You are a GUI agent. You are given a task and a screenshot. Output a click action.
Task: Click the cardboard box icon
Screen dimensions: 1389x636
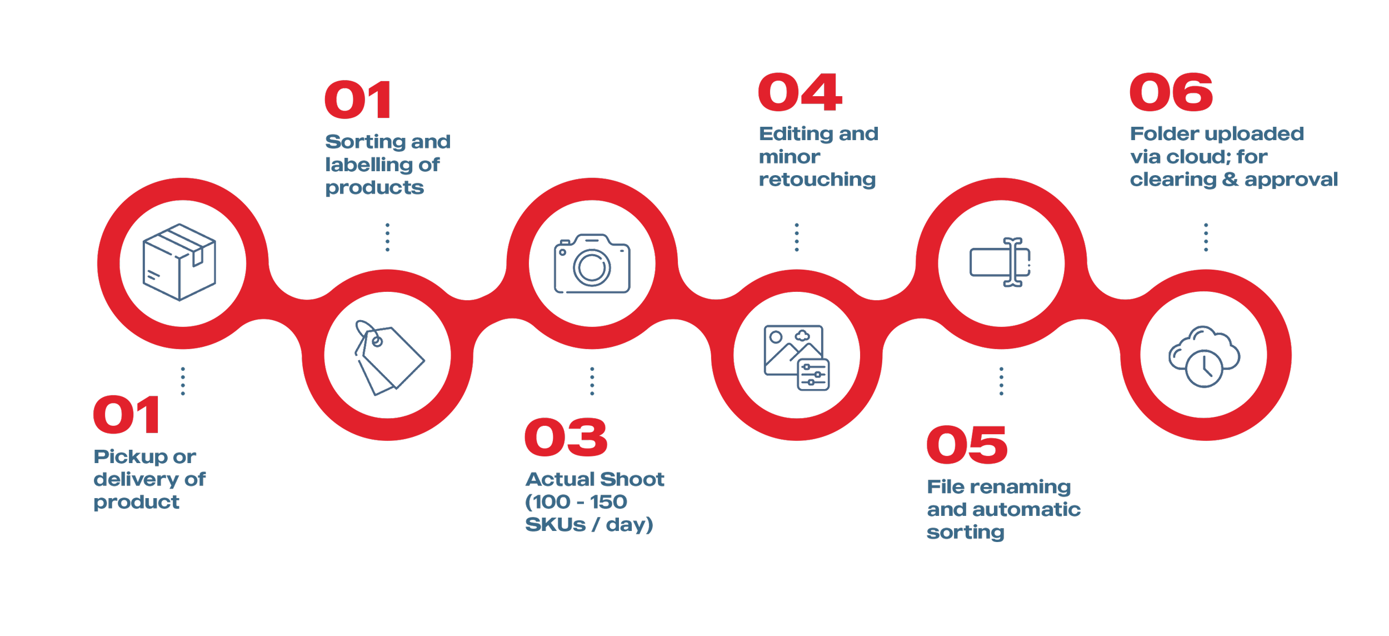[x=179, y=262]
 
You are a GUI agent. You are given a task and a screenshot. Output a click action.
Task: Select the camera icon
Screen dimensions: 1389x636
[x=592, y=264]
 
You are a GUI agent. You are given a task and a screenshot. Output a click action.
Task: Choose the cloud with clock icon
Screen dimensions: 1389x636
[x=1204, y=356]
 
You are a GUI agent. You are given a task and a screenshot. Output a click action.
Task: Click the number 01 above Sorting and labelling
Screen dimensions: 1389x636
[x=358, y=100]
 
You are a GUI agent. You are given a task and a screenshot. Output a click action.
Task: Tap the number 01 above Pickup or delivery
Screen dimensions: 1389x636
[x=127, y=415]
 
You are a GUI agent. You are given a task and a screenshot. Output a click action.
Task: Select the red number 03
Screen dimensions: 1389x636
[x=566, y=438]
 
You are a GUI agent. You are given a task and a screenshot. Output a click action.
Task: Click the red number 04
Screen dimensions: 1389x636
[x=800, y=93]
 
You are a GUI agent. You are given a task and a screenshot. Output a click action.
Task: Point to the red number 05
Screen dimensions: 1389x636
[x=967, y=445]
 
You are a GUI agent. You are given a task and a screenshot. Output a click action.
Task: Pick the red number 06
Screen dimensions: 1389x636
[x=1171, y=93]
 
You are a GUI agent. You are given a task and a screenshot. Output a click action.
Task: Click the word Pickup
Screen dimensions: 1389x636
[x=131, y=458]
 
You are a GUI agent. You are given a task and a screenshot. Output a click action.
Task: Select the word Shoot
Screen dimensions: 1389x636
[x=632, y=479]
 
